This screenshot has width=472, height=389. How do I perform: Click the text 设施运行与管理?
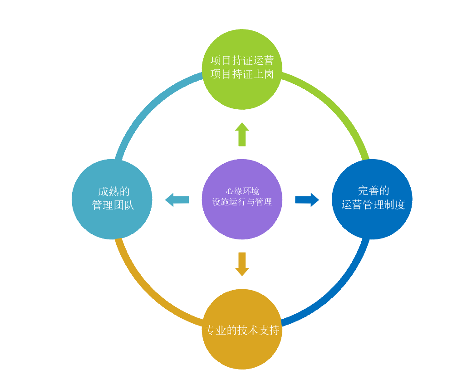[242, 202]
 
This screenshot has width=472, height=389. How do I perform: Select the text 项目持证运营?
[242, 61]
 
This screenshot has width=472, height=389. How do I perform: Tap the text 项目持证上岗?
[242, 74]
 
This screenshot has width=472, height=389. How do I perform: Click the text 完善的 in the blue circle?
[374, 191]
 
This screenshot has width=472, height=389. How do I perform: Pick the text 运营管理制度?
[373, 205]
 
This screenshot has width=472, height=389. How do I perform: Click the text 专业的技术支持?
[242, 330]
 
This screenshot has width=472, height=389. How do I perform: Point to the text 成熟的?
[114, 191]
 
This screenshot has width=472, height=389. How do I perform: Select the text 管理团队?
[113, 205]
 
